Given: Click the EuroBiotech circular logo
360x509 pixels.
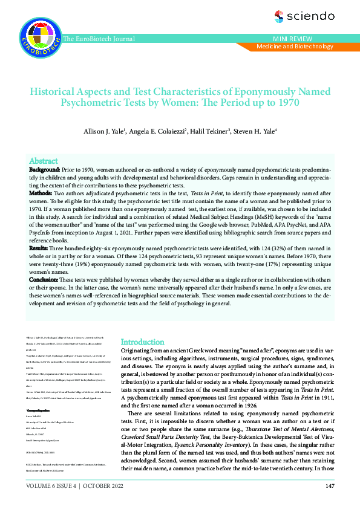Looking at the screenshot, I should pyautogui.click(x=40, y=34).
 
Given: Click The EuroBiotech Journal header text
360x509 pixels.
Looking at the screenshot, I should pyautogui.click(x=103, y=39).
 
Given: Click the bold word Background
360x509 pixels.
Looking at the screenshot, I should pyautogui.click(x=44, y=171).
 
